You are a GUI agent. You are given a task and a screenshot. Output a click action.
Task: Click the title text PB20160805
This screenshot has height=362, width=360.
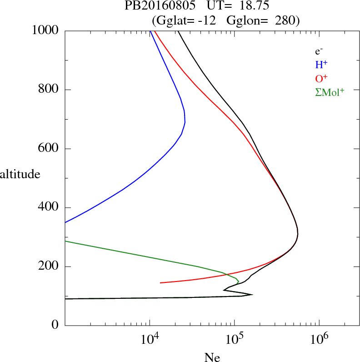pos(154,6)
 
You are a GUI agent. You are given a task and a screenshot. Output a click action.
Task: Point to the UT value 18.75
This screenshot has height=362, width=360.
pos(248,6)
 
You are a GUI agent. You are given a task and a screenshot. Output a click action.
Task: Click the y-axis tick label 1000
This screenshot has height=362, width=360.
pos(45,30)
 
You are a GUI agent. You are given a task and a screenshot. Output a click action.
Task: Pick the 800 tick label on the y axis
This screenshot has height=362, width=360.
pos(49,90)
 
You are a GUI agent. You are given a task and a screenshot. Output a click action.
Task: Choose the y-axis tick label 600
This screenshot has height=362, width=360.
pos(49,149)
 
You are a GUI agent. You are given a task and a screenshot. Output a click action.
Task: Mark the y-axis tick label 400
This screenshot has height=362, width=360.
pos(49,208)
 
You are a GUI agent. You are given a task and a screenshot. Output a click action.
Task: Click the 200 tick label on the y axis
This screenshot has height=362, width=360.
pos(49,266)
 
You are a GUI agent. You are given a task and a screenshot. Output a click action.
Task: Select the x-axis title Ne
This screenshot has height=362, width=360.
pos(212,357)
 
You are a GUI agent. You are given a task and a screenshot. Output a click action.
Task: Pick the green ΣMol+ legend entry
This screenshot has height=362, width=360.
pos(330,92)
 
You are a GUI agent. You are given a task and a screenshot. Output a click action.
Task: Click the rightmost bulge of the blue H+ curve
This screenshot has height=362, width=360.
pos(185,121)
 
